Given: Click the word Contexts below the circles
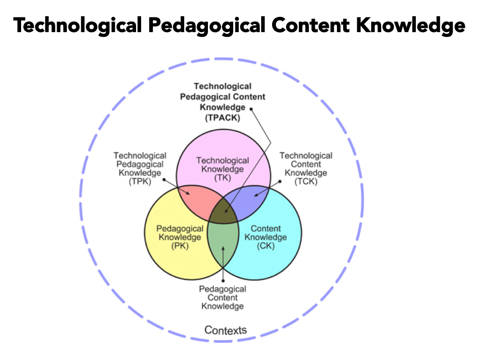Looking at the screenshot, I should point(225,330).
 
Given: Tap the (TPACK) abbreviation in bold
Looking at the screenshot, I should point(222,118).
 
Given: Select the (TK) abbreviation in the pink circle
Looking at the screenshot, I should point(222,178).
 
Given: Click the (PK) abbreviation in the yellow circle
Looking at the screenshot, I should point(180,245).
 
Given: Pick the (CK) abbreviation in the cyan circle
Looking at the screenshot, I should point(265,245).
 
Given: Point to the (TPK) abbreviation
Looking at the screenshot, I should point(140,181).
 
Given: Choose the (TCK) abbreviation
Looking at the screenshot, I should point(306,181).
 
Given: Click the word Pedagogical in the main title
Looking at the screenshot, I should point(205,26).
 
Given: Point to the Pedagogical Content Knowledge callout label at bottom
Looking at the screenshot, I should point(223,297).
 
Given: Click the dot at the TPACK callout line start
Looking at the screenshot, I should point(251,108).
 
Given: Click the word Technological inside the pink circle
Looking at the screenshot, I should point(222,161).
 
